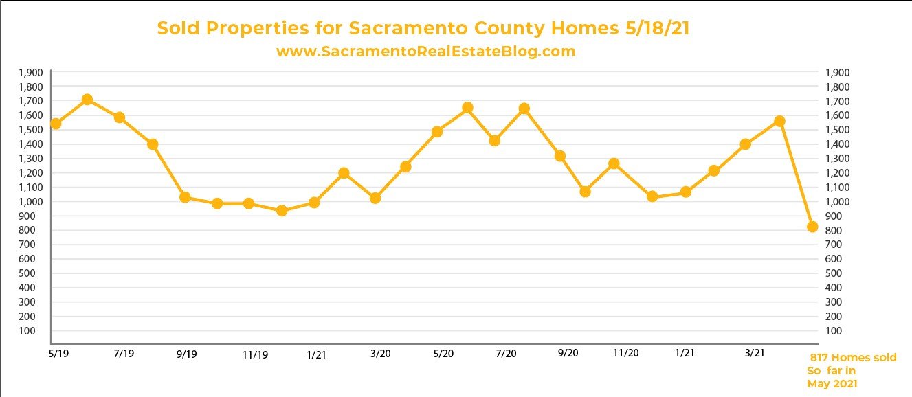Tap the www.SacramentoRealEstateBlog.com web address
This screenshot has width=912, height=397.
pos(425,52)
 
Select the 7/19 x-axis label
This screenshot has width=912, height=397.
pos(124,353)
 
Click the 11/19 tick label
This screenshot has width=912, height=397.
pos(255,354)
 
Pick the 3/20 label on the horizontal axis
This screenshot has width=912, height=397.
pos(380,354)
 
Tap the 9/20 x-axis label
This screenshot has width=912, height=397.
pos(568,353)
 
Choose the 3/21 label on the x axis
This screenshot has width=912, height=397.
pos(755,353)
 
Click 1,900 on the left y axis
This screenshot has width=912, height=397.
pos(32,72)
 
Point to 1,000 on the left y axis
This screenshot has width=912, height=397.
pos(32,201)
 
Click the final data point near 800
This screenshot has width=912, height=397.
pos(812,227)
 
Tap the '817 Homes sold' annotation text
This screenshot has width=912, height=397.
pos(853,358)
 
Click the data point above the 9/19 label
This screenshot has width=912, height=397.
pos(185,197)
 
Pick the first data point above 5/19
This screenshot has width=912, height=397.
pos(56,124)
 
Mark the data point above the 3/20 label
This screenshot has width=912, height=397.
pos(375,198)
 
